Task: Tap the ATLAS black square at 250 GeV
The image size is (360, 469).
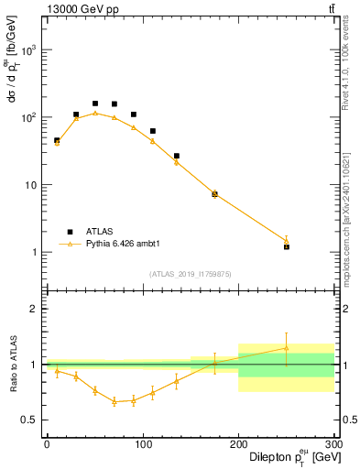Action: click(x=287, y=246)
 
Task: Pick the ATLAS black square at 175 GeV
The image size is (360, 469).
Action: click(x=214, y=193)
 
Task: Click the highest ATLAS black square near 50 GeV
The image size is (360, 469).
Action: click(x=94, y=104)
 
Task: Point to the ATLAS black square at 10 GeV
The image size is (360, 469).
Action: click(x=57, y=140)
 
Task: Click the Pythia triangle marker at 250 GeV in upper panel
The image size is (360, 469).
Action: click(x=287, y=241)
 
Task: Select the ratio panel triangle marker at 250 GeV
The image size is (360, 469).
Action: click(x=287, y=348)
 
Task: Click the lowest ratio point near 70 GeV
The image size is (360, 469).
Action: click(x=114, y=401)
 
